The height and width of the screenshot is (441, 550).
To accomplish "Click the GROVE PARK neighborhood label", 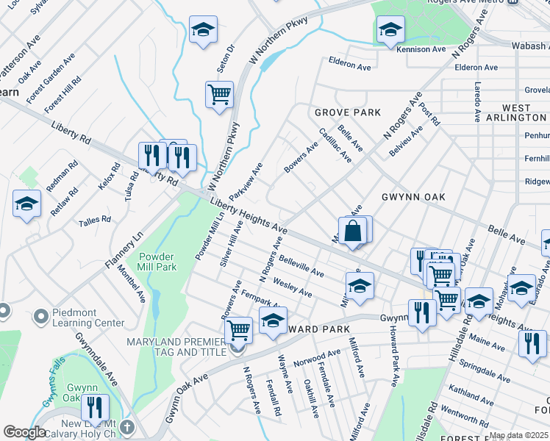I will (348, 112).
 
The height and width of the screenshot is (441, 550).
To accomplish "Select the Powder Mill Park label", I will (157, 262).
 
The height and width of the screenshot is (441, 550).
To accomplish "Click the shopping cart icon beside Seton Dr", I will (219, 95).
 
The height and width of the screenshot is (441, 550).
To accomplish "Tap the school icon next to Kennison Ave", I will (390, 29).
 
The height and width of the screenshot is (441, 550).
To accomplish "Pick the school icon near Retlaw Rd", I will (27, 203).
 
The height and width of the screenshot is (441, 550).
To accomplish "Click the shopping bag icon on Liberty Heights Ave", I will (353, 230).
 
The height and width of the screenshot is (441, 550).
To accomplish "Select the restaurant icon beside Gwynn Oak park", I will (95, 407).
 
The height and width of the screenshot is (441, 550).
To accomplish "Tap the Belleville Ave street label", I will (301, 266).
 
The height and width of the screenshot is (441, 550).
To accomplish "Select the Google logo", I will (24, 432).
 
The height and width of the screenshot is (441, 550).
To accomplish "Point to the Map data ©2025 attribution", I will (518, 435).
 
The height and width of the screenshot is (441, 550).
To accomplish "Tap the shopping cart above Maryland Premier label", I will (238, 330).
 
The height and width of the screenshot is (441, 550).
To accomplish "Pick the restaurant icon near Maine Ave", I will (532, 343).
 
